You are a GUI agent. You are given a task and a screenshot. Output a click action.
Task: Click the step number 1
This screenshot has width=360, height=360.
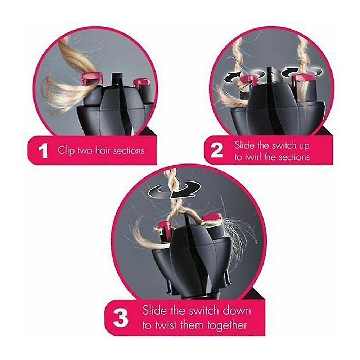pyautogui.click(x=43, y=151)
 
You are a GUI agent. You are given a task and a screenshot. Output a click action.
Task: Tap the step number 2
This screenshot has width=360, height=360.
pyautogui.click(x=217, y=151)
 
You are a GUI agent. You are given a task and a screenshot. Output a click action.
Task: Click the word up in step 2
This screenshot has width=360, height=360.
pyautogui.click(x=301, y=145)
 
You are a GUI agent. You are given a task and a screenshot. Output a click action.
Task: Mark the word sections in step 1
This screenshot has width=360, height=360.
pyautogui.click(x=129, y=150)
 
